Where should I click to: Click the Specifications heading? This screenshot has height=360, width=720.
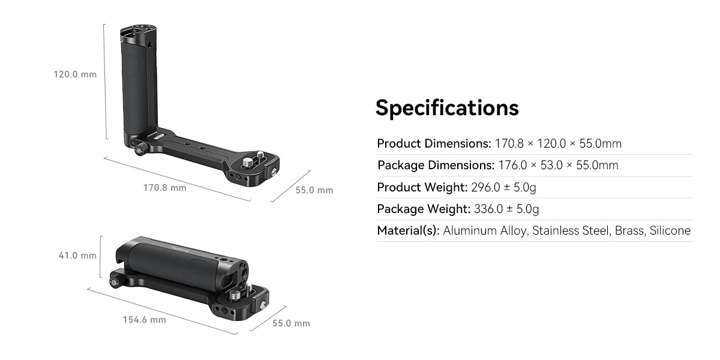[x=446, y=108]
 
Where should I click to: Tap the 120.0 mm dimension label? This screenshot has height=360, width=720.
[x=75, y=75]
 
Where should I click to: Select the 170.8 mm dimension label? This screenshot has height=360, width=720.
[x=164, y=188]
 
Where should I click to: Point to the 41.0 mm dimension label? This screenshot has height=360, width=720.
[x=77, y=256]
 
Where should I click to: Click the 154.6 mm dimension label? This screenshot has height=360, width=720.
[x=144, y=320]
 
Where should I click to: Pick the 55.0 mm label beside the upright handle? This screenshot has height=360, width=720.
[x=314, y=190]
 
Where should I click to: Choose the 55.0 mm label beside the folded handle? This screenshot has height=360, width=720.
[x=291, y=323]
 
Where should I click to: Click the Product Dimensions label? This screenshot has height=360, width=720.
[x=434, y=144]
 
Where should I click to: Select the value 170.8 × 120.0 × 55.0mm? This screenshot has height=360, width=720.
[x=558, y=144]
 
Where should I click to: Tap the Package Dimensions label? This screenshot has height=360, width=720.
[x=436, y=166]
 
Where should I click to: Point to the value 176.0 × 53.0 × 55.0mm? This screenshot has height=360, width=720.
[x=558, y=166]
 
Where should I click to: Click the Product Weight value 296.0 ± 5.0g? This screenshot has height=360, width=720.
[x=503, y=187]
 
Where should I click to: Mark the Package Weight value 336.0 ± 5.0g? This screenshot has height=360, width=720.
[x=506, y=209]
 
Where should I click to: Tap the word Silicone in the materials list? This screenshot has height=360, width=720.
[x=670, y=231]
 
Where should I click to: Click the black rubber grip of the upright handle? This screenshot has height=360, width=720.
[x=136, y=87]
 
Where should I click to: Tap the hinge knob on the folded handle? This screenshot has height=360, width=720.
[x=113, y=283]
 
